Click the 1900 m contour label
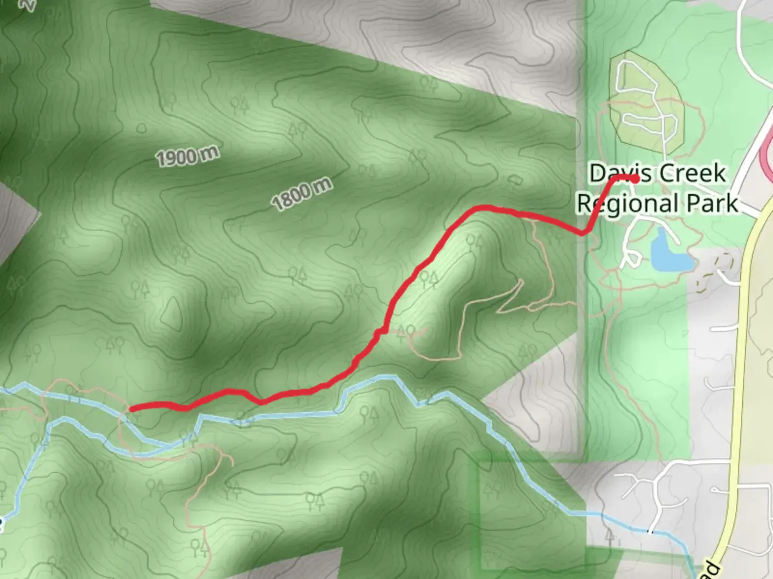click(187, 156)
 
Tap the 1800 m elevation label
click(302, 195)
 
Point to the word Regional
click(621, 204)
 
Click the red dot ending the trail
click(635, 179)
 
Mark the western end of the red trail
click(132, 409)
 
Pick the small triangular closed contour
click(172, 314)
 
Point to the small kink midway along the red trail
click(379, 333)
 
